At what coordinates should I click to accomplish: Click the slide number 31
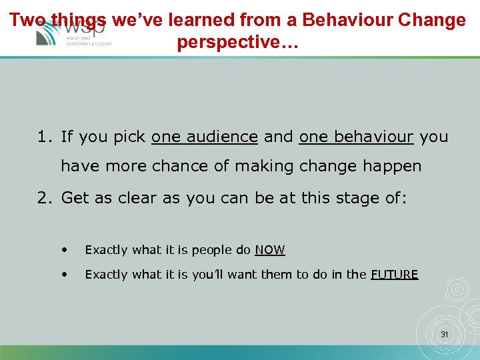pyautogui.click(x=444, y=334)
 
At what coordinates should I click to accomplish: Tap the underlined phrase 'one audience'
pyautogui.click(x=205, y=137)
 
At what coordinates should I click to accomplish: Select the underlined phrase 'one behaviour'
pyautogui.click(x=357, y=137)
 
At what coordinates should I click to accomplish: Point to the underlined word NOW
pyautogui.click(x=270, y=250)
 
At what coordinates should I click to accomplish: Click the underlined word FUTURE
pyautogui.click(x=395, y=274)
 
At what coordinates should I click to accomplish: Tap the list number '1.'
pyautogui.click(x=45, y=137)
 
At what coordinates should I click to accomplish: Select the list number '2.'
pyautogui.click(x=45, y=197)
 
